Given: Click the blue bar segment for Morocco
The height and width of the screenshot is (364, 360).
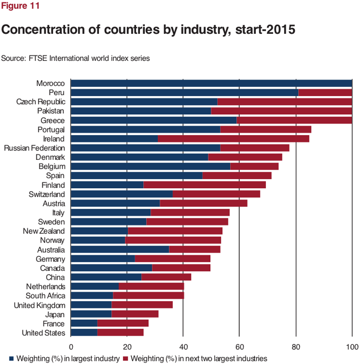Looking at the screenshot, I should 211,83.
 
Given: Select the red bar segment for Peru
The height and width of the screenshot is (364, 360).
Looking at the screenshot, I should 325,93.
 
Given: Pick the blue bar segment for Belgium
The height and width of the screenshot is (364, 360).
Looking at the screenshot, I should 150,166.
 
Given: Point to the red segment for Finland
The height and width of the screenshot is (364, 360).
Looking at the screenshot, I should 204,185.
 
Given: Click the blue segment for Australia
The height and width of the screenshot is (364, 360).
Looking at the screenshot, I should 120,250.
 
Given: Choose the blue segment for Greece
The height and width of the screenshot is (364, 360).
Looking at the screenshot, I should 153,121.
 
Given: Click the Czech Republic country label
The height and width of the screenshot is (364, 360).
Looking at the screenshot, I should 41,102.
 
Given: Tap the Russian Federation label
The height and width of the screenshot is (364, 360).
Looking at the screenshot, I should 34,148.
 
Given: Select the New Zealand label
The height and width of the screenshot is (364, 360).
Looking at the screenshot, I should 44,231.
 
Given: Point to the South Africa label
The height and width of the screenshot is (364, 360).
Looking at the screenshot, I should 45,296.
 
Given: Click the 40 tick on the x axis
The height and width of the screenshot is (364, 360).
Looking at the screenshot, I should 183,347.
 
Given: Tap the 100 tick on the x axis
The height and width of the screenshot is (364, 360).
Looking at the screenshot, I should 351,347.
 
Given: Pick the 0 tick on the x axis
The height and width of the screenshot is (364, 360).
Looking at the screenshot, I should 71,347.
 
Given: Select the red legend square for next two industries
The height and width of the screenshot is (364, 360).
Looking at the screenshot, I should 126,358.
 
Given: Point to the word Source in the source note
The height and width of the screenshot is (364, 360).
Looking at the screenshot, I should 12,58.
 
